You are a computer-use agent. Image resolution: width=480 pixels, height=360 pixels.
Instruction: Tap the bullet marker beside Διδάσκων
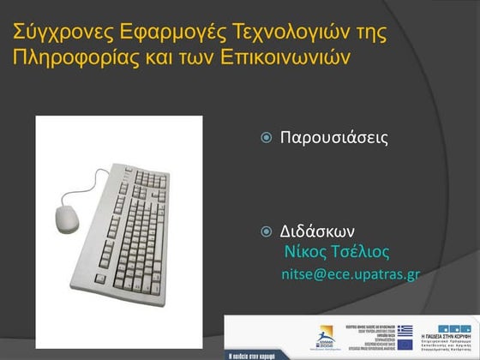267,231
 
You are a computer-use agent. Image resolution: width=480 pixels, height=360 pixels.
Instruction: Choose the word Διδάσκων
318,231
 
